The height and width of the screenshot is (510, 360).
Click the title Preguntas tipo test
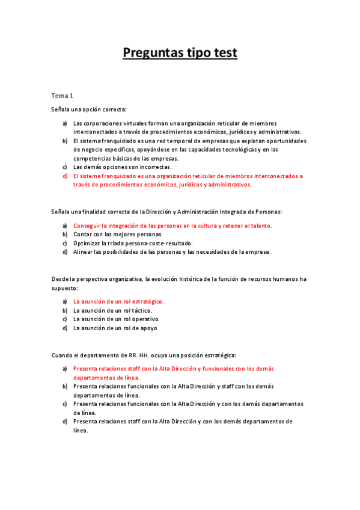click(x=180, y=53)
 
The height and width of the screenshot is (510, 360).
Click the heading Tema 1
click(x=62, y=96)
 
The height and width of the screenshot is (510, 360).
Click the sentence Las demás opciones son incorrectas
click(x=122, y=167)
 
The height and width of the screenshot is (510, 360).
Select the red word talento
click(x=260, y=226)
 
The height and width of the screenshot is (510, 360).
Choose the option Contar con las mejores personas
click(x=117, y=234)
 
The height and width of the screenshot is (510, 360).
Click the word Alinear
click(x=84, y=252)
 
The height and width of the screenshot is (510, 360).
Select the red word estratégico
click(x=145, y=301)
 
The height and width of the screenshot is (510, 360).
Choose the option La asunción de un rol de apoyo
click(x=115, y=328)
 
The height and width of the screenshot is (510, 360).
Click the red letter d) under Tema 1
click(x=64, y=176)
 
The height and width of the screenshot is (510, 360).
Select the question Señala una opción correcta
click(x=89, y=109)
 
